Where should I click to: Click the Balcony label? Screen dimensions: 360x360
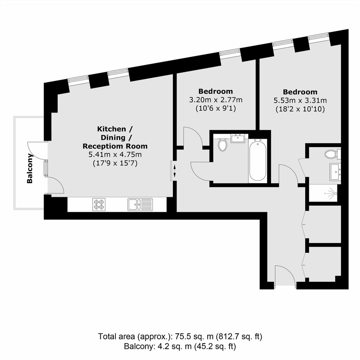coord(30,169)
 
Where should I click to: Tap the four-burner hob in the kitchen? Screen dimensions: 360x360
coord(99,205)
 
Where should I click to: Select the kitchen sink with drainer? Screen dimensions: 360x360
coord(140,205)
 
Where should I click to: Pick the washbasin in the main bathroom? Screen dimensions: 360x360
coord(238,138)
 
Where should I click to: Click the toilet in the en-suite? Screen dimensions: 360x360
coord(332,154)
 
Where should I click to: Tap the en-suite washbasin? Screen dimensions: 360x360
coord(335,172)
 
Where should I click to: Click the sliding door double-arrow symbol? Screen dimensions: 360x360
coord(175,170)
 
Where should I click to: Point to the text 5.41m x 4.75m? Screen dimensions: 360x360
coord(115,154)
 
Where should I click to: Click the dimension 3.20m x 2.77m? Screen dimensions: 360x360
coord(216,100)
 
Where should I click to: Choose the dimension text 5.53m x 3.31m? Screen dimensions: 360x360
coord(300,100)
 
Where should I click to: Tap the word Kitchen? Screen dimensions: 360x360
coord(111,129)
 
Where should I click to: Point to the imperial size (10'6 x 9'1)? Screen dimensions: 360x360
coord(216,108)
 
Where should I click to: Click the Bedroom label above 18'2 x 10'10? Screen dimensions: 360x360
coord(300,92)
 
